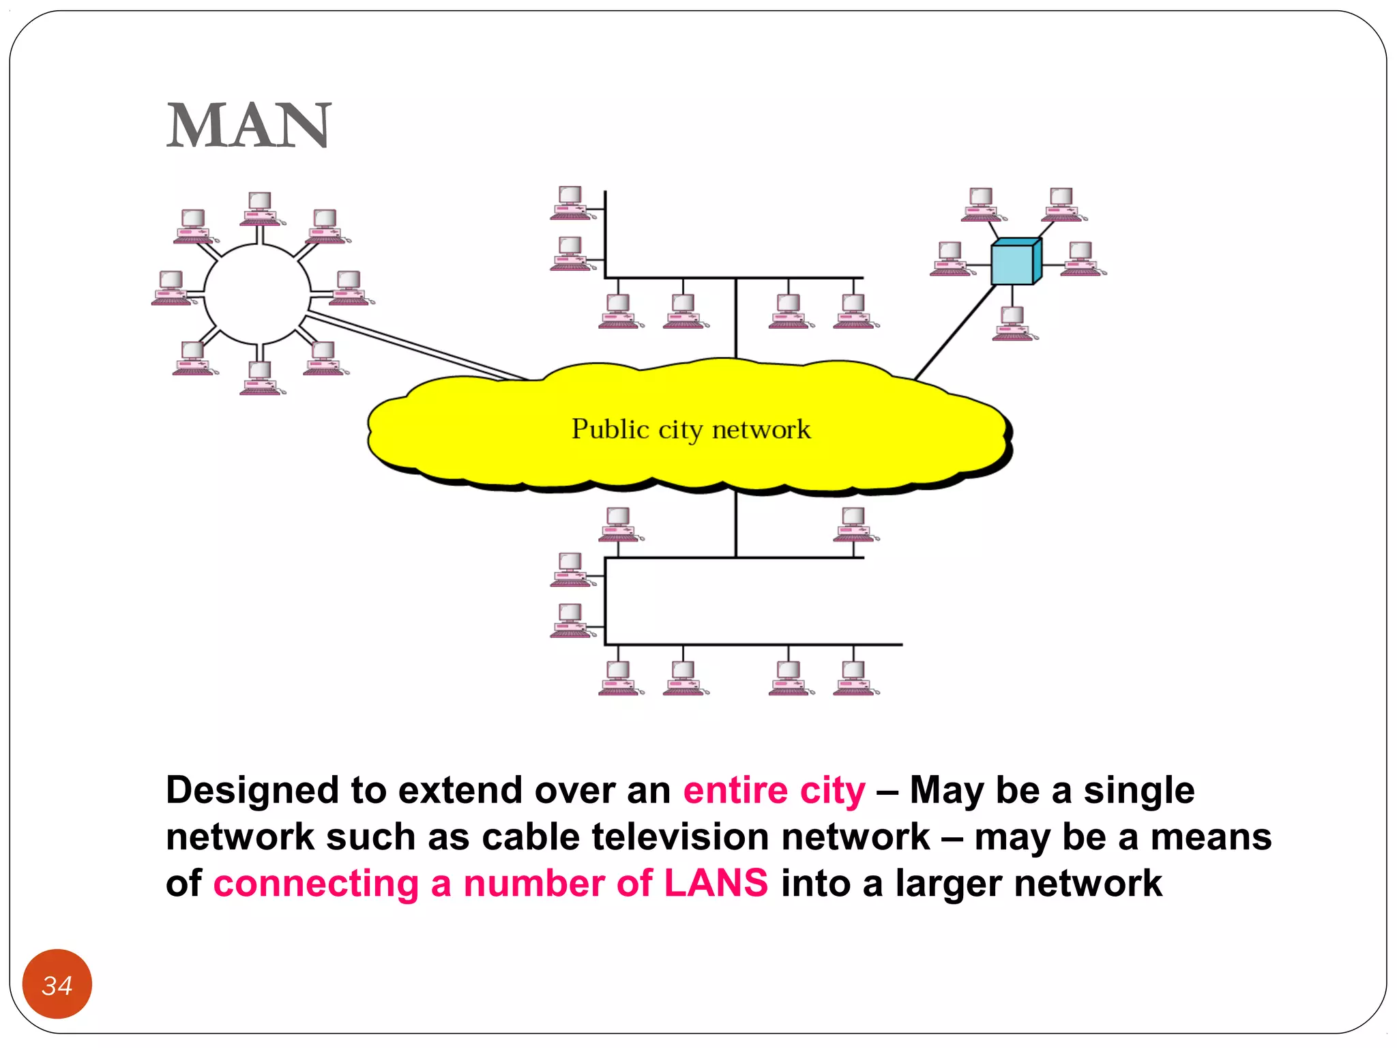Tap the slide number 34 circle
tap(57, 984)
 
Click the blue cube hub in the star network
tap(1015, 262)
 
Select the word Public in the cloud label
tap(610, 430)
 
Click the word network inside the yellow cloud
tap(761, 430)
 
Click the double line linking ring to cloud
tap(416, 347)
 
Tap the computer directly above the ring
tap(261, 209)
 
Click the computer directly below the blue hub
tap(1014, 323)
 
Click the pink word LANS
tap(716, 883)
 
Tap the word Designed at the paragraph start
tap(252, 790)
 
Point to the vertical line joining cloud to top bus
tap(736, 318)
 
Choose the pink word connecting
tap(316, 884)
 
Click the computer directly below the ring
tap(261, 377)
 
